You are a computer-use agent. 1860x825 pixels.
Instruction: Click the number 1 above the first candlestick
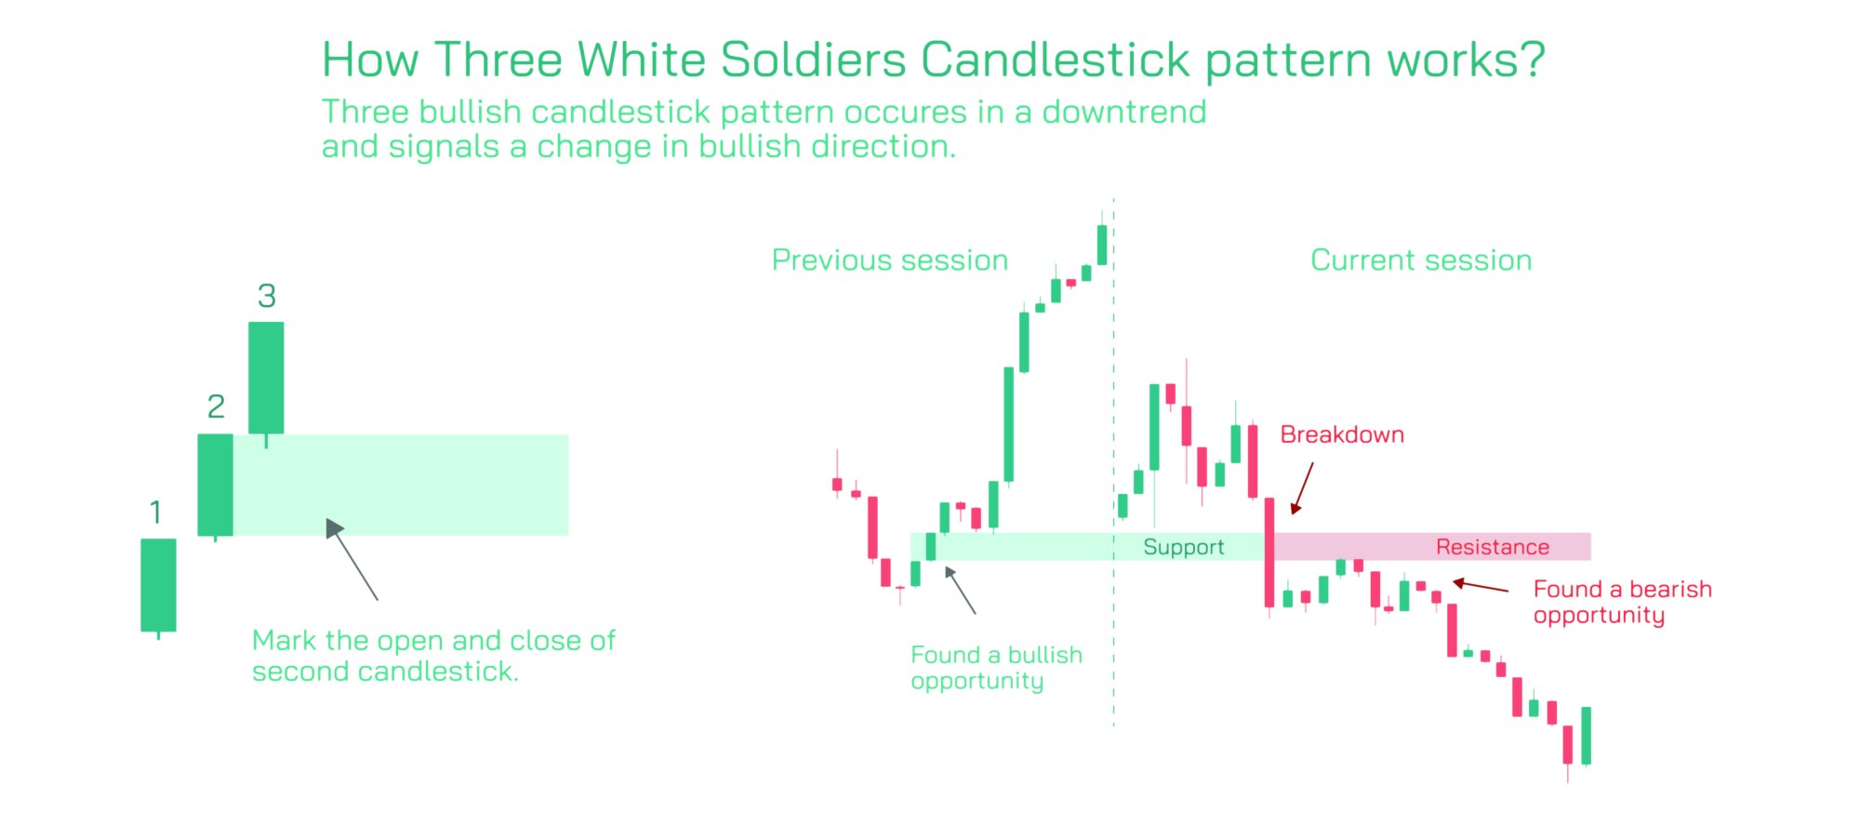[155, 512]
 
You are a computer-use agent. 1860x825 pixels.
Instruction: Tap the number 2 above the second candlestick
[216, 406]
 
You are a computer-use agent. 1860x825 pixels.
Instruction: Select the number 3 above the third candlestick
[267, 296]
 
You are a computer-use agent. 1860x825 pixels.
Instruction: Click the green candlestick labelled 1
[158, 586]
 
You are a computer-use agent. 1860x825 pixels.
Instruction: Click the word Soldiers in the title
[813, 60]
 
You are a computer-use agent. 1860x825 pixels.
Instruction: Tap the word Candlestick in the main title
[1056, 60]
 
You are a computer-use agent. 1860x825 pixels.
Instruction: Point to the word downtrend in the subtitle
[1124, 112]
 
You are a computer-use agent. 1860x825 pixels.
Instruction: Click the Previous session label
[890, 260]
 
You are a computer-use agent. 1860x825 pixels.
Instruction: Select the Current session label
[1421, 260]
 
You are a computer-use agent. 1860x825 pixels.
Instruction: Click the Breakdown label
[1342, 434]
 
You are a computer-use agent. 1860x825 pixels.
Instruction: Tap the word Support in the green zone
[1183, 547]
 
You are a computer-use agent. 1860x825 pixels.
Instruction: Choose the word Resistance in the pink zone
[1493, 547]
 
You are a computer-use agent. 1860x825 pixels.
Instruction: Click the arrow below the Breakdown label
[1302, 488]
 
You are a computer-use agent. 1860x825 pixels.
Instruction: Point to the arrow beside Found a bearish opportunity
[1481, 586]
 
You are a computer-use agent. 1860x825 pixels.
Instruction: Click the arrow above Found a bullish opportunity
[960, 590]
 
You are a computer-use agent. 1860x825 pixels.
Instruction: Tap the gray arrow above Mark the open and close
[352, 559]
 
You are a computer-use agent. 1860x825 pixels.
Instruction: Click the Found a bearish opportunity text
[1623, 603]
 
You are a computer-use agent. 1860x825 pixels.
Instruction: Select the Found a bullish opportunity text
[997, 668]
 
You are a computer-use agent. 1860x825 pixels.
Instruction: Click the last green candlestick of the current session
[1586, 736]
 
